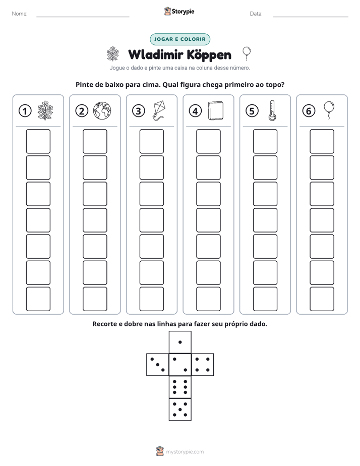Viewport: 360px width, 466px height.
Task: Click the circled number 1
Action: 25,111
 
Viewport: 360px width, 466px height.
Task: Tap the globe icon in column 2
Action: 102,110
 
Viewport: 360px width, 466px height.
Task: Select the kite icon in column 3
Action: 159,110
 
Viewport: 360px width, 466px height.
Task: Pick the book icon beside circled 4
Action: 216,111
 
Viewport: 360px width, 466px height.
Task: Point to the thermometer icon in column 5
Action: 272,110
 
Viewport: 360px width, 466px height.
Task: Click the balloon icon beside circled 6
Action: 329,110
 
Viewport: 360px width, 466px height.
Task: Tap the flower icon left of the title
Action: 113,53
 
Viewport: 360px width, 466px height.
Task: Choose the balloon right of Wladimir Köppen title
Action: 247,53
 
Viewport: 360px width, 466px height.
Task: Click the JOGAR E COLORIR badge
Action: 180,39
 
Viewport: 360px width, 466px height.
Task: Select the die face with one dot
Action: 180,342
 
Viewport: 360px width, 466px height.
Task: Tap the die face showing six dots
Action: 180,387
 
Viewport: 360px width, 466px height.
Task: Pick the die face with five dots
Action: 180,410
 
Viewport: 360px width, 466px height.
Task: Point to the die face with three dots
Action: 158,364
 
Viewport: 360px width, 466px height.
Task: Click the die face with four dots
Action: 203,364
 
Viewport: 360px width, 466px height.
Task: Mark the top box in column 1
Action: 38,141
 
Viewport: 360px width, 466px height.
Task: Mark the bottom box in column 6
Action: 322,299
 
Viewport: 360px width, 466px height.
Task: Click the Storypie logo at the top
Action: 179,11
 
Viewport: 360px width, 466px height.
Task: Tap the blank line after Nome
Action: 83,17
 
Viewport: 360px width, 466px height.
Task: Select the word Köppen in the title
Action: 210,55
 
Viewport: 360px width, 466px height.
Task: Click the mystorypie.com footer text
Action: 185,452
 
